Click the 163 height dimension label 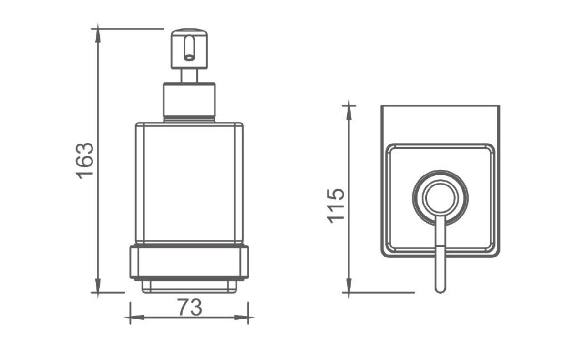coord(85,161)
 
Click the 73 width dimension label coord(190,308)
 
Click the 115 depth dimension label coord(336,206)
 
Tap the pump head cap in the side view coord(189,49)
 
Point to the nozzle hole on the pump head coord(189,58)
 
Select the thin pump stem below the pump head coord(189,76)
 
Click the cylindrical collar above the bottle coord(189,102)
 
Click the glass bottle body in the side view coord(189,184)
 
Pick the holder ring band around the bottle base coord(189,262)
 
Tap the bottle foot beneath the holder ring coord(189,287)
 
